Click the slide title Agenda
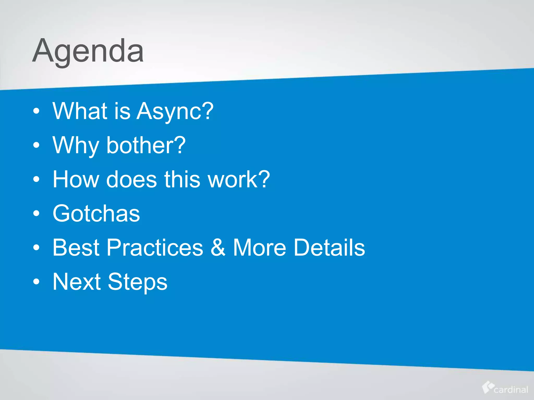88,51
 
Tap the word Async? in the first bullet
175,111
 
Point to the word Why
76,146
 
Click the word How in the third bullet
76,179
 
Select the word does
131,179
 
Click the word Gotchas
96,214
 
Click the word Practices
155,248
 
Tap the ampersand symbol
218,248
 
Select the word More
259,248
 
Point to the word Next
77,282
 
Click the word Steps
137,282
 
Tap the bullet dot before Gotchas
37,214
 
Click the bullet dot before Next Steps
37,282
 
